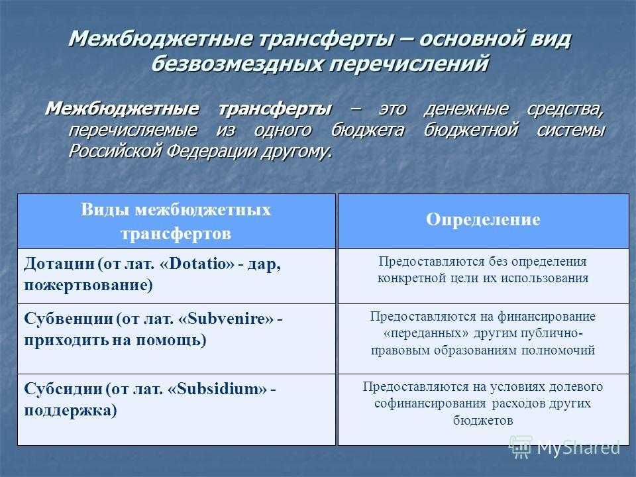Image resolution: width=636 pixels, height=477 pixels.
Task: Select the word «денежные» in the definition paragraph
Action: point(467,108)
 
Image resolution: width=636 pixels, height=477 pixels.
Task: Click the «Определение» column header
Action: point(483,220)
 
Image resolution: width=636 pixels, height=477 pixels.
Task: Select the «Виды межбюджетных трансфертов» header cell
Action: point(176,221)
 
